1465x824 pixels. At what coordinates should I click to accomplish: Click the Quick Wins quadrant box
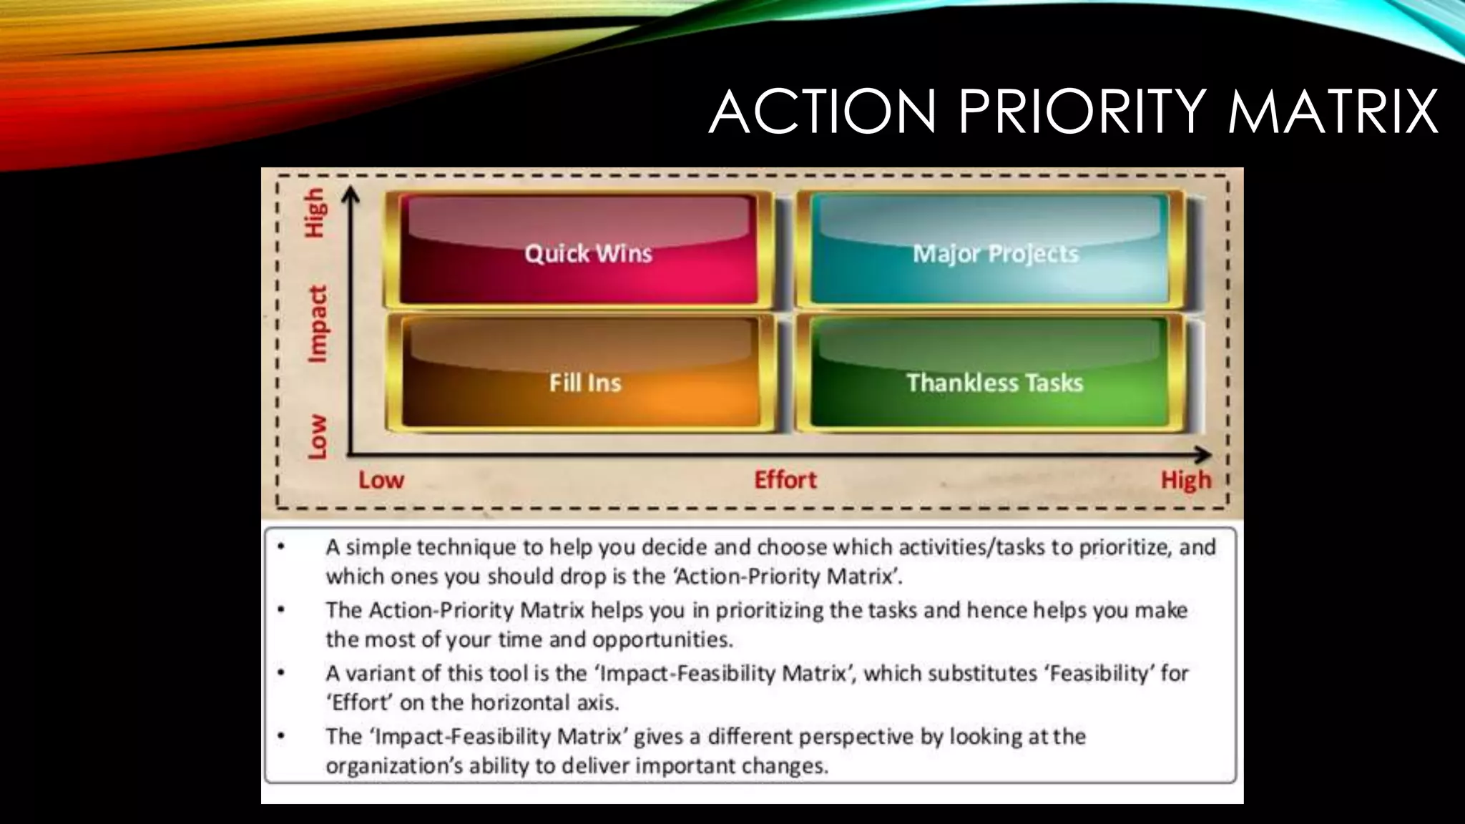tap(578, 250)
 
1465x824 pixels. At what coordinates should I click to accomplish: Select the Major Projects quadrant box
tap(990, 250)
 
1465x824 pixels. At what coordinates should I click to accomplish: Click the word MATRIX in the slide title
tap(1332, 112)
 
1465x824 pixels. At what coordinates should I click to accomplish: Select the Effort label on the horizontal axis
tap(785, 479)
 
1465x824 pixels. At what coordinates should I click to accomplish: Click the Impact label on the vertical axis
tap(318, 324)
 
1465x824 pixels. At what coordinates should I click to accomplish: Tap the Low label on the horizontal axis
tap(381, 479)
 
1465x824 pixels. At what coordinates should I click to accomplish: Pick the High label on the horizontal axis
tap(1186, 479)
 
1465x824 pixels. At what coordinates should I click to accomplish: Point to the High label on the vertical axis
tap(315, 212)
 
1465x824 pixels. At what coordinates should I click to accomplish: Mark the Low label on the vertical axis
tap(318, 436)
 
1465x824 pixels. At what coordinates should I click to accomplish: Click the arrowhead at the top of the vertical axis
tap(350, 194)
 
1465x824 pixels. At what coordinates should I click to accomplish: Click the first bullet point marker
tap(281, 547)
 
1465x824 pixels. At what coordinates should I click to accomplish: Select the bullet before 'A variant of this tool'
tap(281, 673)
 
